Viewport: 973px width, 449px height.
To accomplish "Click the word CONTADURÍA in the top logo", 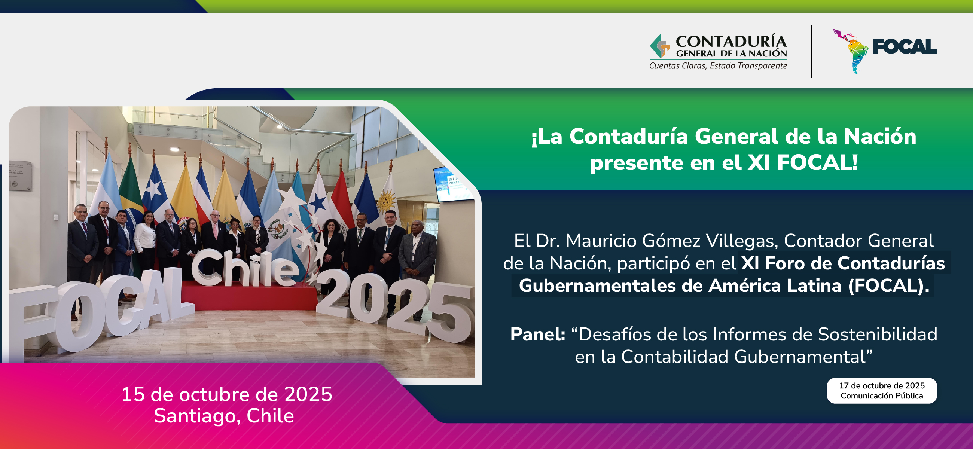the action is coord(731,41).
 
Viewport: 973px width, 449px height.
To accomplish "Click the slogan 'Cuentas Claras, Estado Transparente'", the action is coord(718,66).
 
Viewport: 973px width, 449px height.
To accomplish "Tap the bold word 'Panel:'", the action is coord(537,334).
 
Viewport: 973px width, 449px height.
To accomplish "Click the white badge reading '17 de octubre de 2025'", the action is coord(882,391).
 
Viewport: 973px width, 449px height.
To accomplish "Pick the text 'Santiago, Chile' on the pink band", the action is coord(224,416).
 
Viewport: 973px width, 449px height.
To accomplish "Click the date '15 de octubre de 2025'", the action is coord(227,394).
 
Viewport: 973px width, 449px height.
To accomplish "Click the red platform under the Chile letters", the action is coord(249,296).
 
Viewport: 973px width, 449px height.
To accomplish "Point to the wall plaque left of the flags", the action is coord(19,176).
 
